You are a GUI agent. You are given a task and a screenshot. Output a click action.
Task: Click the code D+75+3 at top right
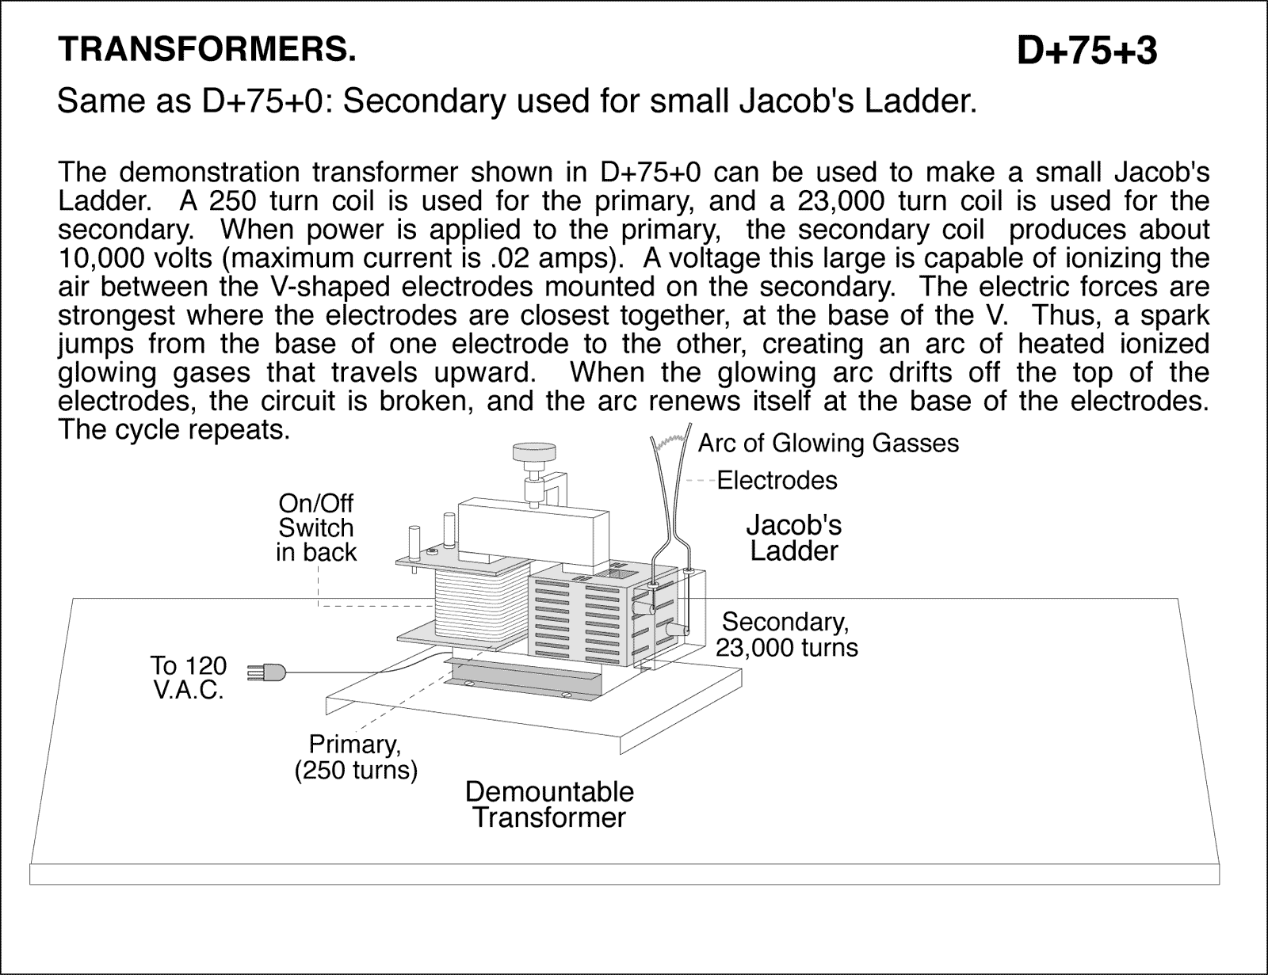[1087, 51]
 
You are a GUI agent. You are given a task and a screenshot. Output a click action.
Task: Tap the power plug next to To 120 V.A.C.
[265, 672]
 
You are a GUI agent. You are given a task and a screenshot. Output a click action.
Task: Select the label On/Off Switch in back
[315, 527]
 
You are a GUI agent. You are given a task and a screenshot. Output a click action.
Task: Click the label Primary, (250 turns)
[355, 757]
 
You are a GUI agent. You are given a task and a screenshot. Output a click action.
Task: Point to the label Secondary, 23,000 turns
[786, 634]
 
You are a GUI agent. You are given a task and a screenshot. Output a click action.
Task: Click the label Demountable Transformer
[548, 804]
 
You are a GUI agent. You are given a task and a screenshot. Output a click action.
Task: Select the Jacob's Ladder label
[793, 538]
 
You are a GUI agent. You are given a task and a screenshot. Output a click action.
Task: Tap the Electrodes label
[777, 480]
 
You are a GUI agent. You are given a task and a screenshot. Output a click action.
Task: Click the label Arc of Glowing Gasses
[828, 444]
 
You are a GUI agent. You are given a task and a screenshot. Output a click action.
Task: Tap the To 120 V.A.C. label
[188, 677]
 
